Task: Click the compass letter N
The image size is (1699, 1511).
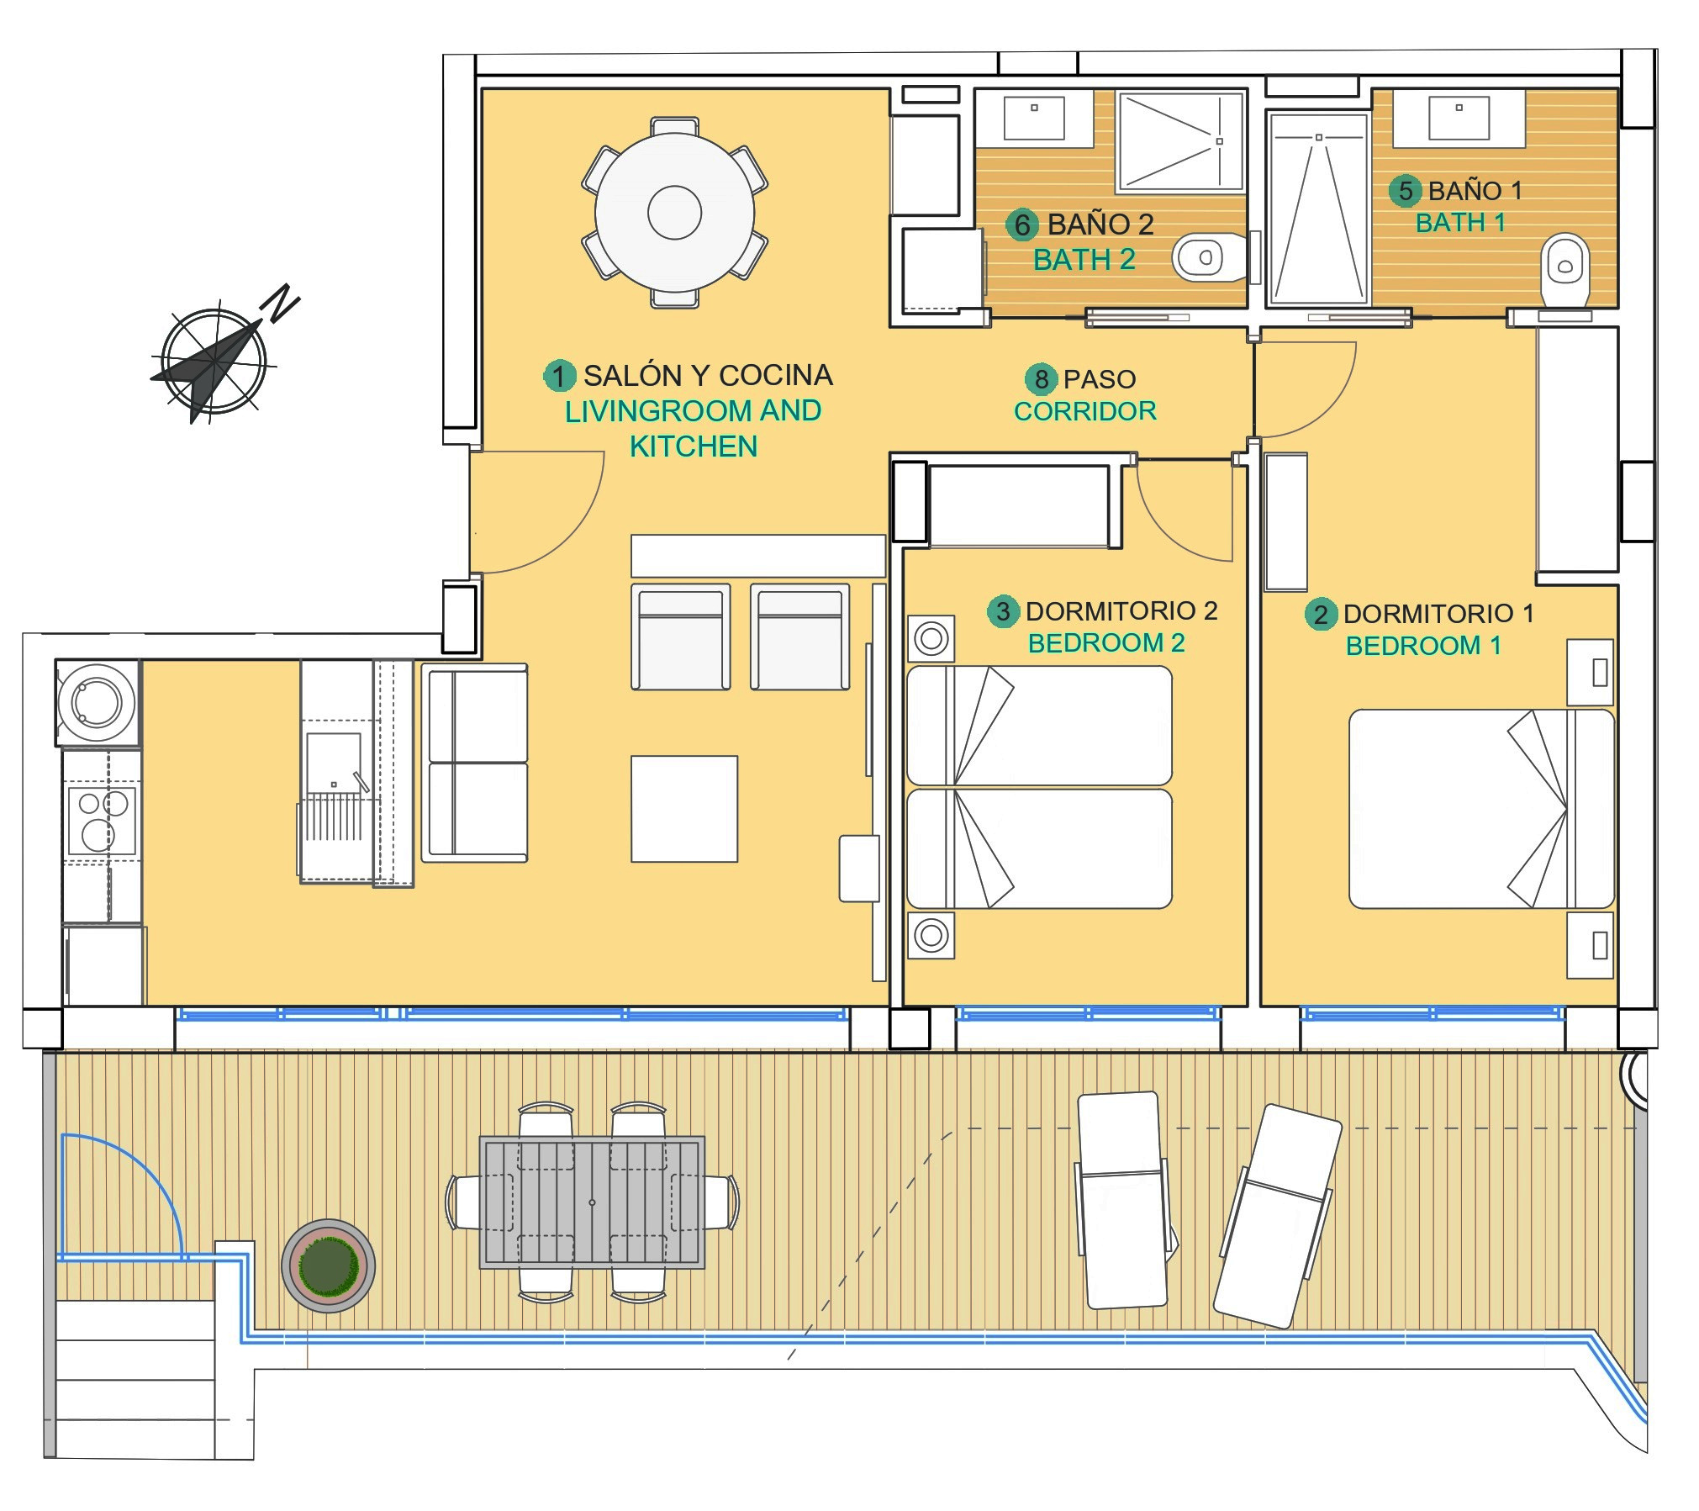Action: coord(281,303)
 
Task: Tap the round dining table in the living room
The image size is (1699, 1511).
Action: coord(674,213)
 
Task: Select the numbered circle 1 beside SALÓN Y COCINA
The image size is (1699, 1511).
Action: coord(559,376)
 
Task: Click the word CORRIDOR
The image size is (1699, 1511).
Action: coord(1084,411)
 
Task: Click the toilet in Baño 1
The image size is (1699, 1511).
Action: coord(1565,269)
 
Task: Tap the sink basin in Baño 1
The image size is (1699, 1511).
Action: coord(1459,117)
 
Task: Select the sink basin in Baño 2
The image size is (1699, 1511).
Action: coord(1034,117)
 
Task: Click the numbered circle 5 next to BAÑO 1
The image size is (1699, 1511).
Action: coord(1405,191)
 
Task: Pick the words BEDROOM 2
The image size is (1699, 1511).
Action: coord(1105,643)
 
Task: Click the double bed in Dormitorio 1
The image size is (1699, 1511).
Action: coord(1481,809)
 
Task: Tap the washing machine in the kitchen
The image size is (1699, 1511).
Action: coord(97,702)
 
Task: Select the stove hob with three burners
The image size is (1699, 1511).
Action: coord(102,821)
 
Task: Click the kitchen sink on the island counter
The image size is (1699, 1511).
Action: coord(334,763)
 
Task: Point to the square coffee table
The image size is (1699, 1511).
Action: coord(684,809)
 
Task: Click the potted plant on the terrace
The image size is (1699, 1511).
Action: coord(328,1265)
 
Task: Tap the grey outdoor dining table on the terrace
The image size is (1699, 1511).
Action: coord(592,1202)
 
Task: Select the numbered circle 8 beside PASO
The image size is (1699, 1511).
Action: coord(1041,379)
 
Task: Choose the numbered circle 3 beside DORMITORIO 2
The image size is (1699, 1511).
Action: coord(1003,611)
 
